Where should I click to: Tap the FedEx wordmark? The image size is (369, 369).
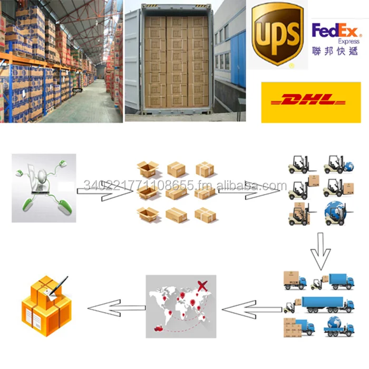(335, 31)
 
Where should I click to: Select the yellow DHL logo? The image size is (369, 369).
(310, 101)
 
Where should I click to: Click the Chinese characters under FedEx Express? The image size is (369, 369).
(335, 51)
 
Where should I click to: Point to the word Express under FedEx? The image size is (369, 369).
(348, 41)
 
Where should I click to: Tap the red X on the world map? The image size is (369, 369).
(201, 286)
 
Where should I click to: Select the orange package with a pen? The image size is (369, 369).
(46, 306)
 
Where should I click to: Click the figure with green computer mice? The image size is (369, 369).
(44, 187)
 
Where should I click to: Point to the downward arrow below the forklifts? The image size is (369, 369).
(318, 250)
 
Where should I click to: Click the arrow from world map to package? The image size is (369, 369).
(115, 307)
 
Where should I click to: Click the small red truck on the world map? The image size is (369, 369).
(158, 329)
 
